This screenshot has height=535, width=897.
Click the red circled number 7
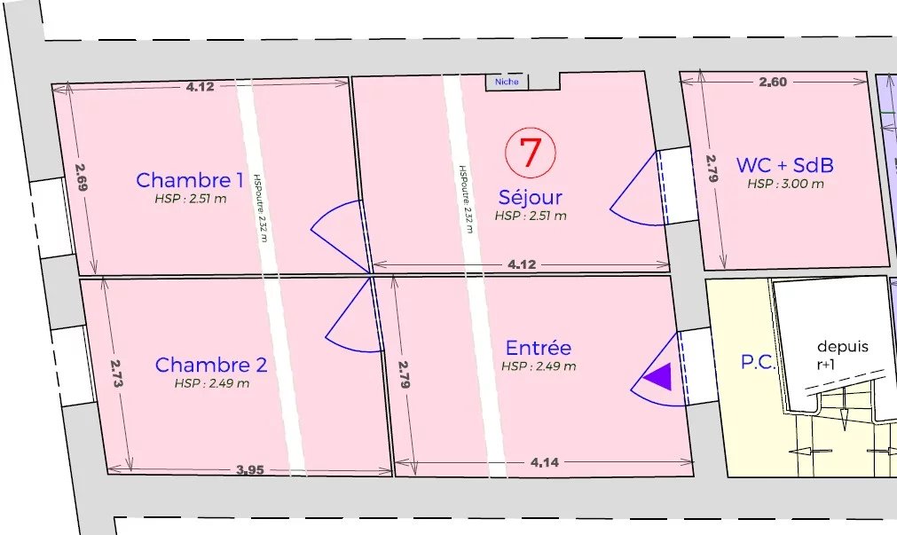point(530,153)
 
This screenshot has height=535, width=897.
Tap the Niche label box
point(507,82)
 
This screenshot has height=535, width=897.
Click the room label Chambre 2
point(211,365)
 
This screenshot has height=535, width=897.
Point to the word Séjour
point(531,198)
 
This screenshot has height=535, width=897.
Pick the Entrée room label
point(539,348)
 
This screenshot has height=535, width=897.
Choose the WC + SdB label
point(784,165)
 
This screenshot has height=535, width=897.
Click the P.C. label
point(759,362)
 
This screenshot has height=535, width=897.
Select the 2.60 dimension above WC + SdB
point(773,83)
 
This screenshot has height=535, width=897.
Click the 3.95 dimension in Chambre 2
point(250,470)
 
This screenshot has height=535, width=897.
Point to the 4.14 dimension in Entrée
point(544,461)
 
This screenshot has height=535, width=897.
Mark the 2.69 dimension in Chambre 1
point(81,178)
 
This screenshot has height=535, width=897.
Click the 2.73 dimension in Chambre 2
point(116,374)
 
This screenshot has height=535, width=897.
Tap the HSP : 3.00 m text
point(784,185)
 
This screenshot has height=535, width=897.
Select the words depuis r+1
point(842,354)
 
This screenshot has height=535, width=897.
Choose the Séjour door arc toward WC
point(633,196)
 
